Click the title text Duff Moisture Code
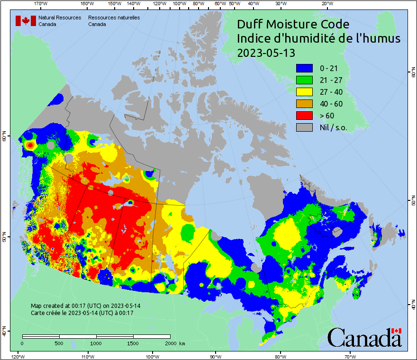click(x=293, y=25)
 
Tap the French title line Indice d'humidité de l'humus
click(x=318, y=39)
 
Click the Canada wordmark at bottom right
click(x=364, y=338)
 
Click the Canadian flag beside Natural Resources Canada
click(x=26, y=21)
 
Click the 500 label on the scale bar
click(x=59, y=343)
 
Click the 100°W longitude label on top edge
click(x=179, y=4)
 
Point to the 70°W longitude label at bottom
click(x=350, y=356)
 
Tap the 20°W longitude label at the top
click(x=326, y=4)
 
